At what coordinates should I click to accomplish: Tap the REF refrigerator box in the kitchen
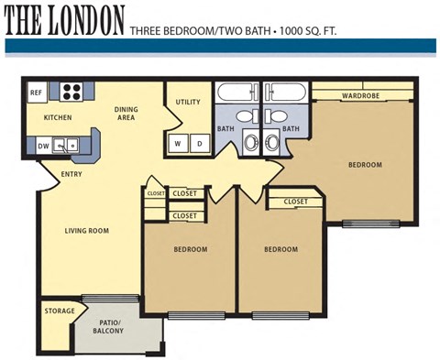37,93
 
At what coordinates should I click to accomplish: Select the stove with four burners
72,92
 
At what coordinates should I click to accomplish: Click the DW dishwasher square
43,146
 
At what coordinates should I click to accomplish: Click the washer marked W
178,143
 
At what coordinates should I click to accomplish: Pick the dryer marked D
198,143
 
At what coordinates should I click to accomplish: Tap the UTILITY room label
188,103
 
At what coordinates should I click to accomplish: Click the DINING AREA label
126,114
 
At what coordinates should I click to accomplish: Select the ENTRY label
71,174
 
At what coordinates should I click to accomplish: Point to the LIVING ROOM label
87,231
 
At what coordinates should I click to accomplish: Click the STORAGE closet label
60,311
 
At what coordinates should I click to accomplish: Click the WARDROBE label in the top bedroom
361,95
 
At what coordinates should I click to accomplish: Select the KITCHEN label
58,118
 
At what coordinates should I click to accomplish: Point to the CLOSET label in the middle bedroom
295,202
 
